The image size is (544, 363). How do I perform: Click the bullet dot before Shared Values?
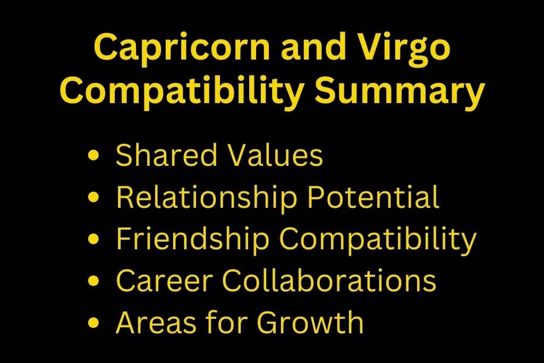pos(93,155)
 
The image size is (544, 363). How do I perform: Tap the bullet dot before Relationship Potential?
pos(93,197)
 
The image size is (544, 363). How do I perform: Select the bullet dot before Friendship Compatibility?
pos(93,239)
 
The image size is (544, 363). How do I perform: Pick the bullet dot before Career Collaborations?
pos(93,281)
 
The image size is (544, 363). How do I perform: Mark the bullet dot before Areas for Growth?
pos(93,323)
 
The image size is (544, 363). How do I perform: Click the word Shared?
pos(166,155)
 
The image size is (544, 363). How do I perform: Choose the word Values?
pos(275,155)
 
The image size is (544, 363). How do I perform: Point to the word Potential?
pos(373,197)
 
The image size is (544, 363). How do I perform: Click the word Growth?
pos(310,322)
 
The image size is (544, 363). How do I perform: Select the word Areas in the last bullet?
pos(156,323)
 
